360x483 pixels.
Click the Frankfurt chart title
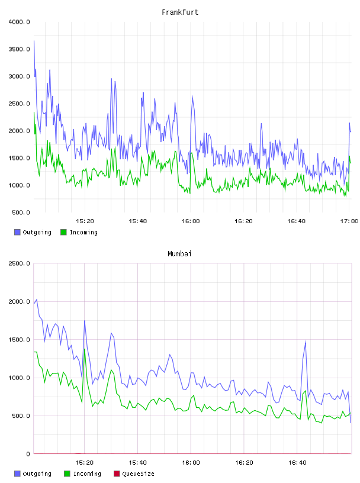click(x=180, y=12)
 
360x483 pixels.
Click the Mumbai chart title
click(x=179, y=254)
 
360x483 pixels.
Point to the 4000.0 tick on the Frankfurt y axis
click(x=19, y=22)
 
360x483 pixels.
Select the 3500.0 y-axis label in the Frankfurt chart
click(x=19, y=49)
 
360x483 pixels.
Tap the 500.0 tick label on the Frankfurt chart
click(x=21, y=212)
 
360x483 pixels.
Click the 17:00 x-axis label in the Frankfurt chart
click(x=349, y=221)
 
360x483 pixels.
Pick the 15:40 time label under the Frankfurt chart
click(x=138, y=221)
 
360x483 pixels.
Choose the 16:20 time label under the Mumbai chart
click(x=244, y=463)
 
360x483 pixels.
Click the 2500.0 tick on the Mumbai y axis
click(x=19, y=263)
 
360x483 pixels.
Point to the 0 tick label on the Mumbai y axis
click(x=28, y=454)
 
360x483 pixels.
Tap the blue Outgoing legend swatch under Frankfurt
click(x=17, y=232)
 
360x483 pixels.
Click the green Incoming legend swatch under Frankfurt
click(x=63, y=232)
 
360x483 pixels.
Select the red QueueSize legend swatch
click(x=117, y=474)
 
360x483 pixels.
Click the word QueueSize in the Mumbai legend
click(x=138, y=474)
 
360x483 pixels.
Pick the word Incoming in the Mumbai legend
click(x=87, y=474)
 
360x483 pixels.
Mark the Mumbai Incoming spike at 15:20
click(x=85, y=349)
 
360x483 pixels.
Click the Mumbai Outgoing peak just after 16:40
click(x=306, y=342)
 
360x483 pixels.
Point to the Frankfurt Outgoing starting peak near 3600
click(x=34, y=41)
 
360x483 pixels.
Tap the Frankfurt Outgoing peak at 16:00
click(x=192, y=97)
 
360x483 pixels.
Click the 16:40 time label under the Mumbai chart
click(x=297, y=463)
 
